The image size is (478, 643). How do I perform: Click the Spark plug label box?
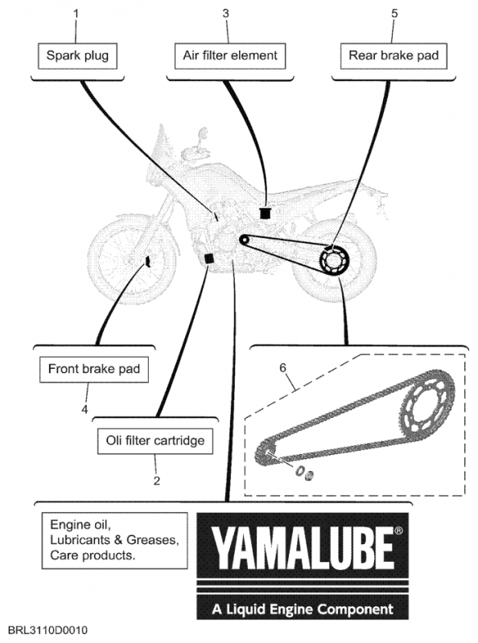pos(77,55)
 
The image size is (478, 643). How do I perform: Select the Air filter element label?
pos(230,55)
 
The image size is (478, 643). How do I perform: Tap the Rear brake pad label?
pos(394,55)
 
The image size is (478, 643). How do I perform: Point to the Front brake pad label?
pos(94,370)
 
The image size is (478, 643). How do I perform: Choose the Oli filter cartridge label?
pos(155,441)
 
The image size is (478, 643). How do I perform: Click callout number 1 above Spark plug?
pos(76,14)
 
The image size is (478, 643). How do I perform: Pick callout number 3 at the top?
pos(226,14)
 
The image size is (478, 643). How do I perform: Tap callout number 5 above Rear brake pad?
pos(394,14)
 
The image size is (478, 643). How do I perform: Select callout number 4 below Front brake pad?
pos(84,409)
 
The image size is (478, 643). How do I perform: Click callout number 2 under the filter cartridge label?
pos(156,480)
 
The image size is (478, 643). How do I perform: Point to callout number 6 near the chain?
pos(282,367)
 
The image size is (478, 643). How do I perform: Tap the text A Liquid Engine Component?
pos(303,609)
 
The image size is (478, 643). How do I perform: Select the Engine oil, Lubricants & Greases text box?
pos(114,540)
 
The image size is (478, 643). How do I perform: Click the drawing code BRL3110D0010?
pos(47,630)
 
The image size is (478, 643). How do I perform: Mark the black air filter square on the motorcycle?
pos(265,213)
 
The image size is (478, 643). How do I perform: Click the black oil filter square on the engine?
pos(209,258)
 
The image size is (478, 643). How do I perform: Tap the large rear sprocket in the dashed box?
pos(426,406)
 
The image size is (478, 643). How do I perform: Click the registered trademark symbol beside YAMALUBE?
pos(398,530)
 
